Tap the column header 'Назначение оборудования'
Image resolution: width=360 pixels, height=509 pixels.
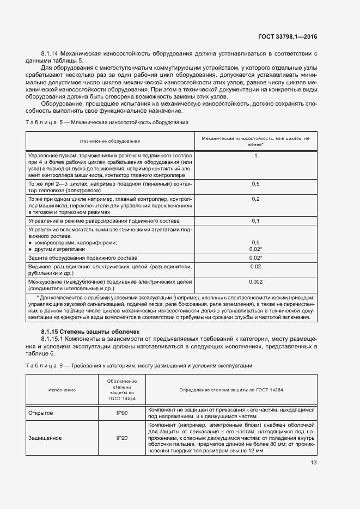tap(109, 141)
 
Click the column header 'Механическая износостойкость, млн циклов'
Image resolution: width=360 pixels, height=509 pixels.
tap(255, 141)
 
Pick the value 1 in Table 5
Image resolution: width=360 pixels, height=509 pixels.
tap(255, 156)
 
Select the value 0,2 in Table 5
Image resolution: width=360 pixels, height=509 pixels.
tap(255, 199)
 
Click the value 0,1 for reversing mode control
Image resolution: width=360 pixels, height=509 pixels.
tap(255, 221)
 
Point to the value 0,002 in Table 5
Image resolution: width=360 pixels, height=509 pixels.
tap(255, 281)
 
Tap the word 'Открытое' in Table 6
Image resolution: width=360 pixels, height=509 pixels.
tap(41, 413)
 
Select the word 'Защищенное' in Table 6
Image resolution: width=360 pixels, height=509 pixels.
tap(45, 437)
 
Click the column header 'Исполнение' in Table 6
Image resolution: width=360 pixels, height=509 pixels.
tap(62, 390)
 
